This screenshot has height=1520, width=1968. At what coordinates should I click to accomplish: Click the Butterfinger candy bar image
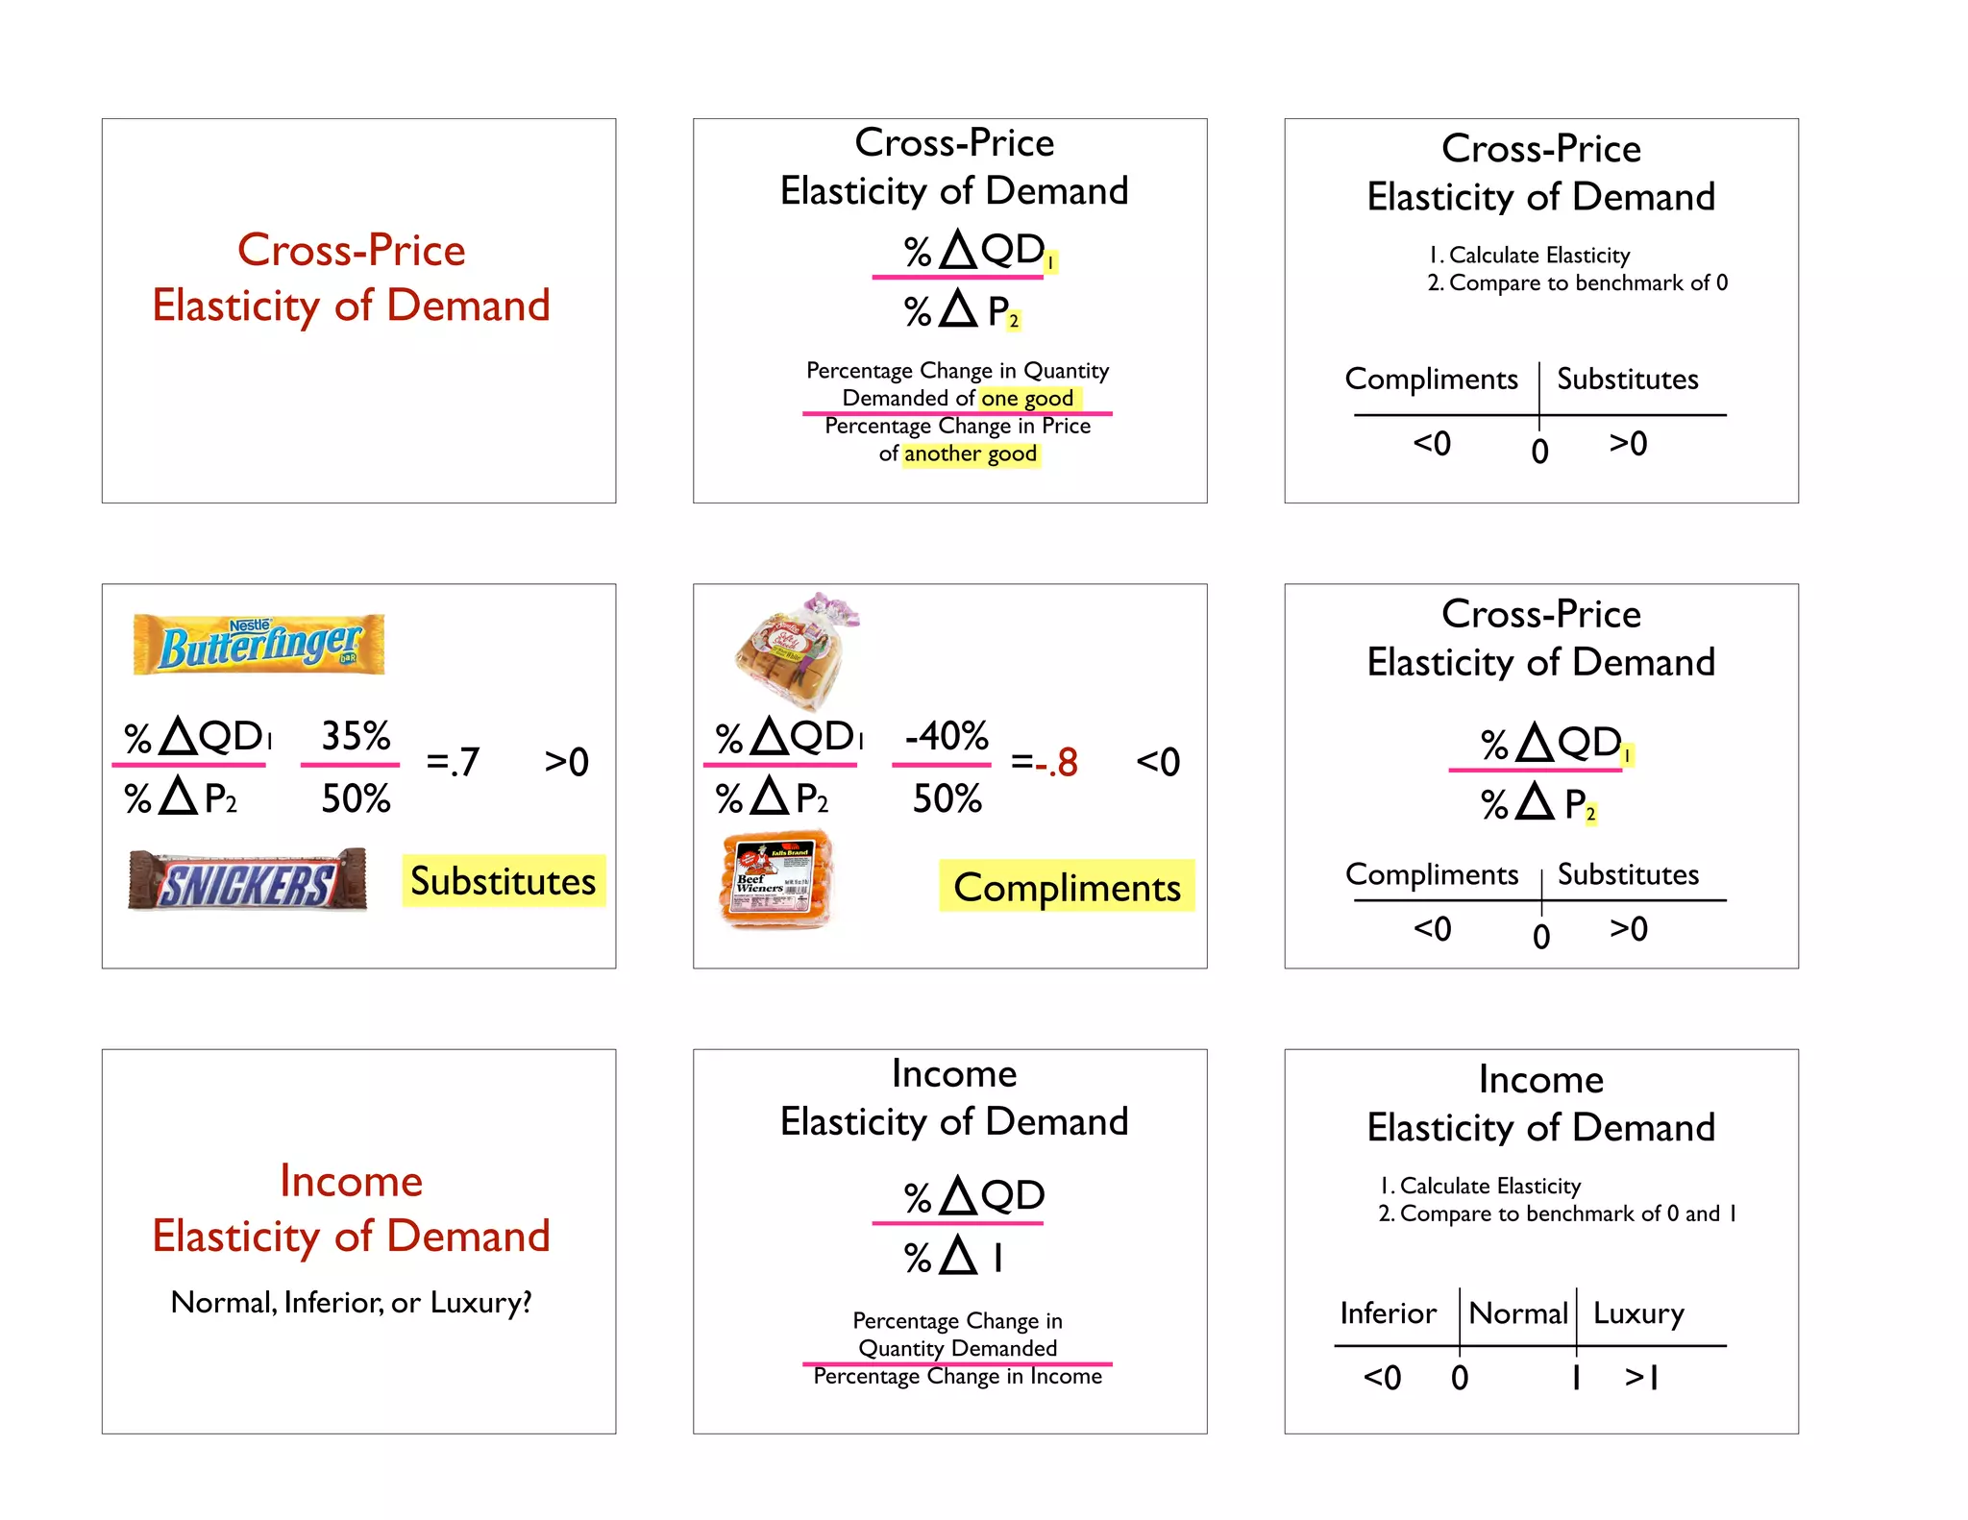coord(258,644)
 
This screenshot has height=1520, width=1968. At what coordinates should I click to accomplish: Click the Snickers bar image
coord(247,880)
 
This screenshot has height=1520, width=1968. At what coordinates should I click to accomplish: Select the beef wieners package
coord(775,880)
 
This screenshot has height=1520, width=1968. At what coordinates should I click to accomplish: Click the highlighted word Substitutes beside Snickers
coord(503,881)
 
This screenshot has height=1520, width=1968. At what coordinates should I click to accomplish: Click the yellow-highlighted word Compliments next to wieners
coord(1066,887)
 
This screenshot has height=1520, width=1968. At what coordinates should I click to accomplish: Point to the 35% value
coord(355,736)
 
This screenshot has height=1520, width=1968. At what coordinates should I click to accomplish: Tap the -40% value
coord(946,736)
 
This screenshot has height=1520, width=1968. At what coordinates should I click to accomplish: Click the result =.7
coord(452,762)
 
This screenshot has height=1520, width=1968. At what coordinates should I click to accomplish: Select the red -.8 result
coord(1056,762)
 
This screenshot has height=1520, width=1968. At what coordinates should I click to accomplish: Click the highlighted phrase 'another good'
coord(970,454)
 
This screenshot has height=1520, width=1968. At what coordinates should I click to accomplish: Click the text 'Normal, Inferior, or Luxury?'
coord(351,1302)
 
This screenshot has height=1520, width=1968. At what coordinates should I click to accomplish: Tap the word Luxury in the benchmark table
coord(1637,1312)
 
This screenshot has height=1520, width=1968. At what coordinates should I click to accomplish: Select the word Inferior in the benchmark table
coord(1388,1312)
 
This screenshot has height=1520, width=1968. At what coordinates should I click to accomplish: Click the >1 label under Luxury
coord(1641,1377)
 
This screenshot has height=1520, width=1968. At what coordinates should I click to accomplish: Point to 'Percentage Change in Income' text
coord(957,1376)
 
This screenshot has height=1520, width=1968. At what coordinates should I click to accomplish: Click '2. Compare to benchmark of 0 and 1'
coord(1557,1214)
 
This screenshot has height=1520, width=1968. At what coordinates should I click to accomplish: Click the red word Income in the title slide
coord(351,1181)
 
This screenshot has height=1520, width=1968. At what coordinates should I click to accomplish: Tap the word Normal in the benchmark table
coord(1517,1312)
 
